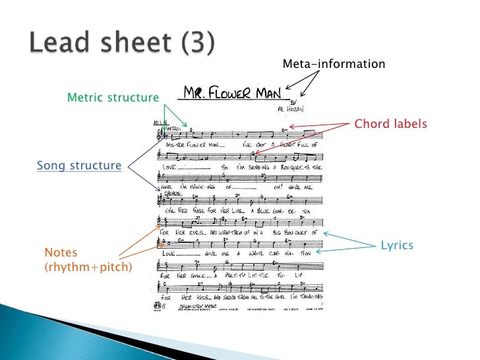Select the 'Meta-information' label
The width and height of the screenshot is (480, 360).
(x=334, y=64)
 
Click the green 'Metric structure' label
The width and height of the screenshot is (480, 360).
(x=113, y=98)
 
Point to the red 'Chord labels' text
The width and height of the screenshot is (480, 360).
(x=391, y=124)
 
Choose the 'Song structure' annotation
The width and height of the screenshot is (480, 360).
(x=78, y=165)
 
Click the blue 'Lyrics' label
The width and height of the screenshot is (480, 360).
(x=397, y=245)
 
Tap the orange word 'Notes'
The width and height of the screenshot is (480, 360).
(x=61, y=253)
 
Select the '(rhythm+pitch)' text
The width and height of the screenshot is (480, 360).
(x=88, y=266)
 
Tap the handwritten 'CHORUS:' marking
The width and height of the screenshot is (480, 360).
(x=164, y=194)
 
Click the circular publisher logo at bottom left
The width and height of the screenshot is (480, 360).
(x=156, y=305)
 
